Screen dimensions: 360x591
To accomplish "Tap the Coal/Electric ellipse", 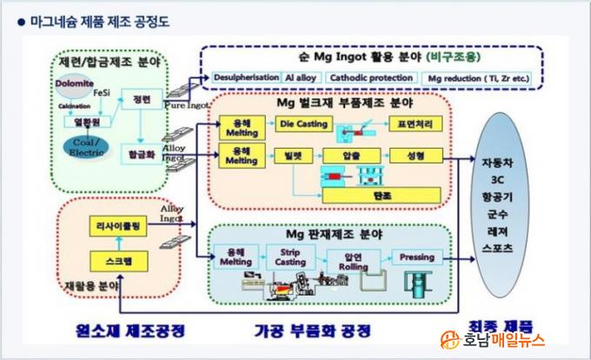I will tap(85, 145).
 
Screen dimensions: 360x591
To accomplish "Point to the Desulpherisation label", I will tap(246, 77).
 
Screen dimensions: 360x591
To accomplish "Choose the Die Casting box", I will tap(303, 124).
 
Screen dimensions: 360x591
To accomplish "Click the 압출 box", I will tap(350, 157).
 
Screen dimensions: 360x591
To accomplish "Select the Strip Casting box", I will tap(290, 257).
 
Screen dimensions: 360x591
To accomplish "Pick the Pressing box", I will tap(415, 257).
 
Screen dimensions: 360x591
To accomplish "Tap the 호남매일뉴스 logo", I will tap(512, 339).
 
